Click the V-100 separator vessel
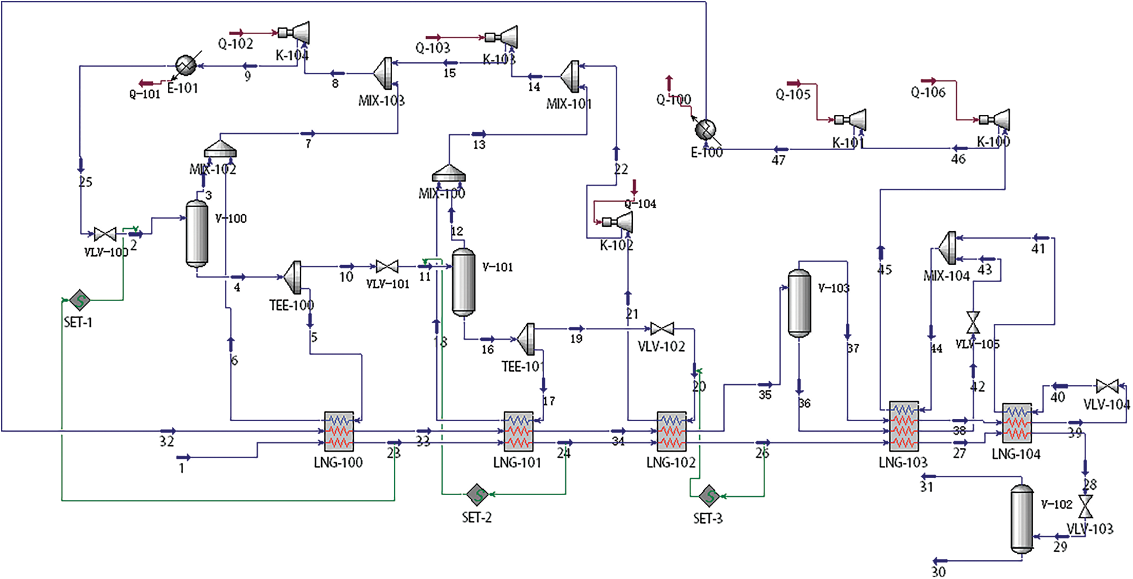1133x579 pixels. [197, 233]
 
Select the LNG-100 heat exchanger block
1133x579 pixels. [339, 431]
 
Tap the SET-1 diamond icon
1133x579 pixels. [79, 301]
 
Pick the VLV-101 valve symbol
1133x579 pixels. [387, 267]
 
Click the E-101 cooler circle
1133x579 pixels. [186, 65]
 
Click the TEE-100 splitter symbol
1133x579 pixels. [294, 277]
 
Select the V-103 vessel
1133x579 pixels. [799, 303]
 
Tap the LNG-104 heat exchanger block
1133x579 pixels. [1017, 423]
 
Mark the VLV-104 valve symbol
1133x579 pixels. [1107, 386]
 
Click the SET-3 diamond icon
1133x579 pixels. [709, 496]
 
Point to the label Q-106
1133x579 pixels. [928, 93]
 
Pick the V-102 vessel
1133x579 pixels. [1021, 518]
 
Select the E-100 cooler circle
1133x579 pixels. [705, 128]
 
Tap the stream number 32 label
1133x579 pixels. [167, 442]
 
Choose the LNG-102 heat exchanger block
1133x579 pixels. [672, 432]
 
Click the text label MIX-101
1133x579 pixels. [569, 104]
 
